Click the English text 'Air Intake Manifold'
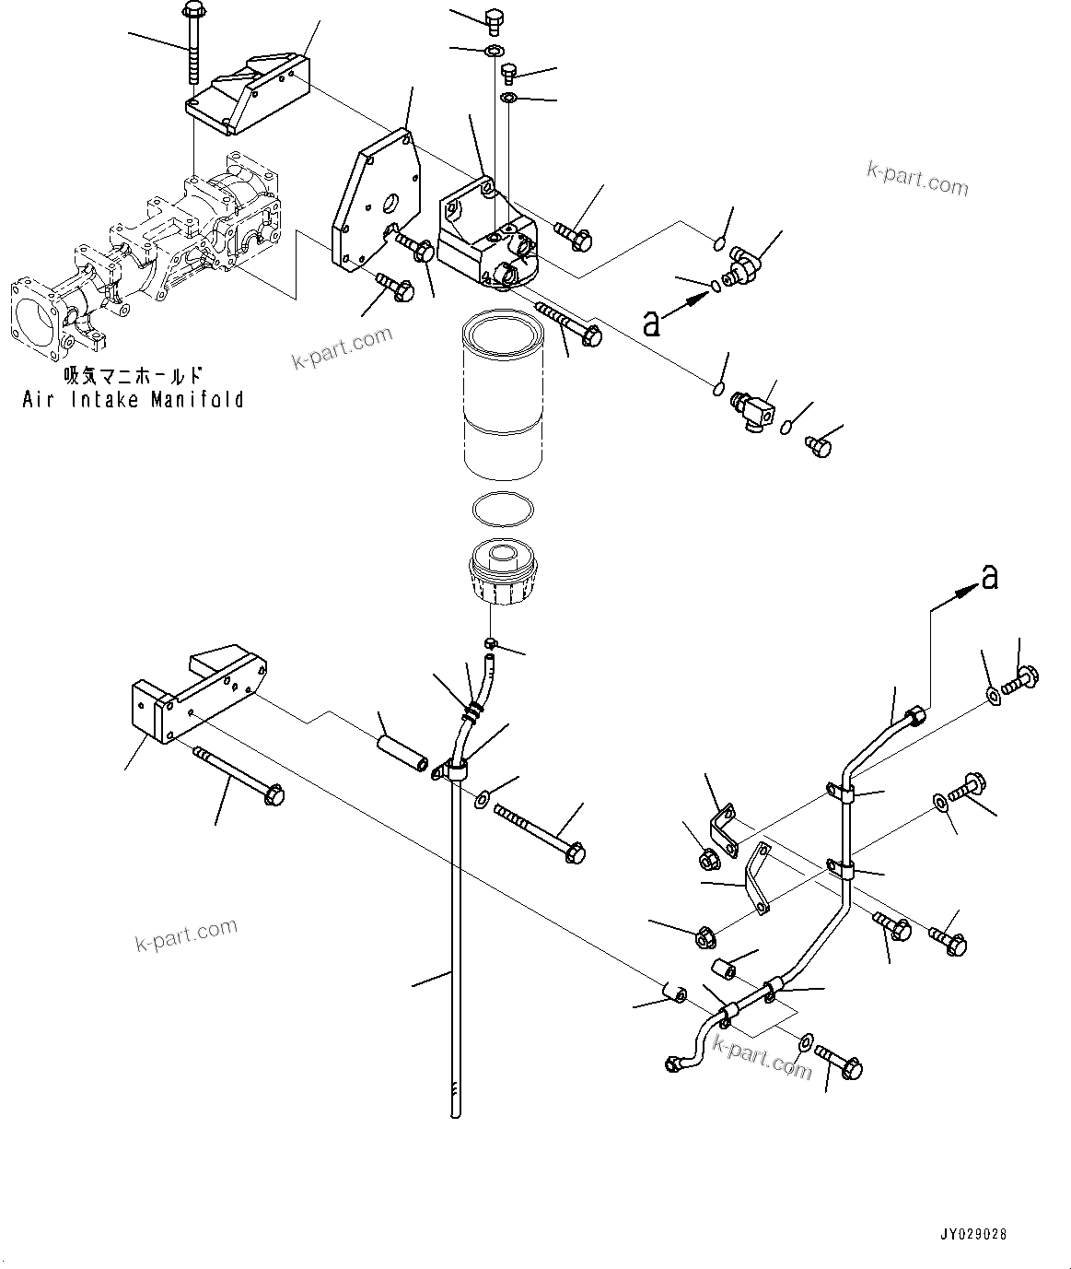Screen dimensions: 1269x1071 tap(134, 399)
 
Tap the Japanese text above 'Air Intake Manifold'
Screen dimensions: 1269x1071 tap(133, 376)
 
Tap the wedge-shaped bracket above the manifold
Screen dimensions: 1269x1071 tap(249, 92)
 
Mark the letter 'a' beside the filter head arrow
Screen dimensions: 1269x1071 tap(651, 323)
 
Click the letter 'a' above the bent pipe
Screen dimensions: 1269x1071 tap(989, 578)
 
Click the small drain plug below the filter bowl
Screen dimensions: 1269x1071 tap(492, 641)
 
